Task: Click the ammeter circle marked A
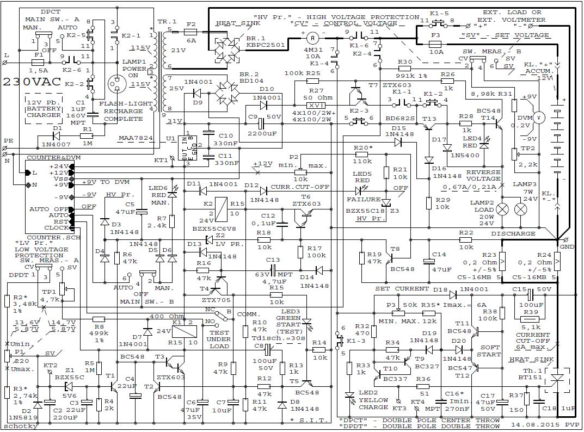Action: (x=312, y=38)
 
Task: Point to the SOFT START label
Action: (x=489, y=350)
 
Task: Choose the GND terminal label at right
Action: (x=567, y=246)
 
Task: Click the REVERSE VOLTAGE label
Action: (x=483, y=175)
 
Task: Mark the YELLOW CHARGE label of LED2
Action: (x=373, y=404)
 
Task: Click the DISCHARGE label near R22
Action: (x=513, y=234)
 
